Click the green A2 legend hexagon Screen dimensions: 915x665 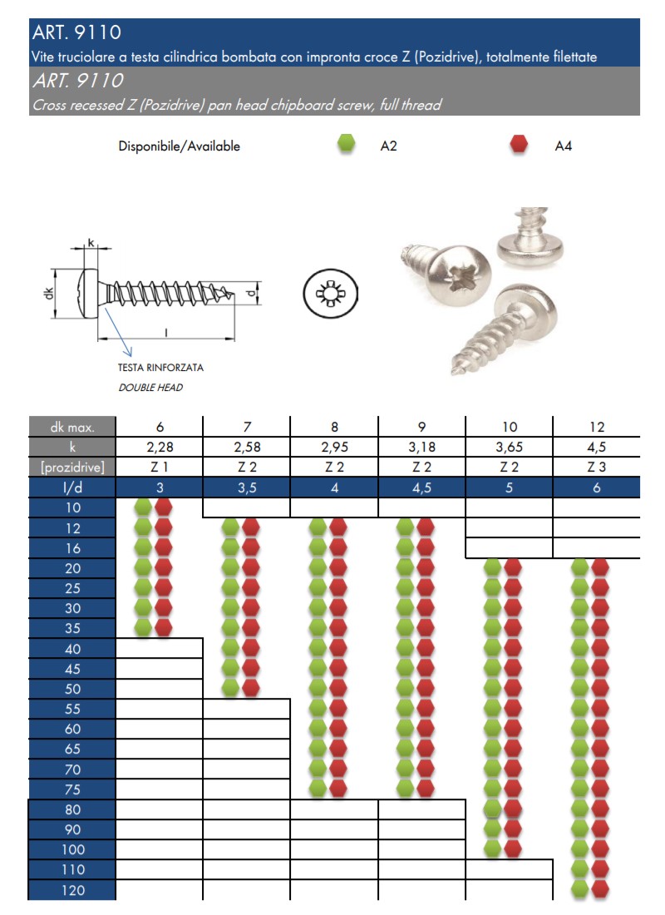(346, 145)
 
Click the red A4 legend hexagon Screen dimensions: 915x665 (520, 145)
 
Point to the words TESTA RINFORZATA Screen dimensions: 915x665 (160, 367)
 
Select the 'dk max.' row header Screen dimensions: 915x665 (72, 428)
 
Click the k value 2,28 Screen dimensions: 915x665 (160, 448)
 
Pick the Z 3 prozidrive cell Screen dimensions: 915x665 (596, 467)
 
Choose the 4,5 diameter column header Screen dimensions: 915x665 (422, 487)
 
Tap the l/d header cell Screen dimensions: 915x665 (72, 487)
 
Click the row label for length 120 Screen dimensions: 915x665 (72, 890)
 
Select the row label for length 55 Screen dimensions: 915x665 (72, 710)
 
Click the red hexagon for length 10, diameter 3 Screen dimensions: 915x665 (164, 507)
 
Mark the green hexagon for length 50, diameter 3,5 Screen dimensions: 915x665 (230, 687)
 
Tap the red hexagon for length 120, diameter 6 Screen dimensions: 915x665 (599, 889)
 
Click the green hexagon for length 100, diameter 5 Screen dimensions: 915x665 (493, 848)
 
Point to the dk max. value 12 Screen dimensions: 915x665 (596, 428)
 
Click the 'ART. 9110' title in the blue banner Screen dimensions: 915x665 (76, 33)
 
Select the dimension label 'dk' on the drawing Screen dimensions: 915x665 (49, 294)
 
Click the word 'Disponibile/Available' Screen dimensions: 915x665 (180, 146)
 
